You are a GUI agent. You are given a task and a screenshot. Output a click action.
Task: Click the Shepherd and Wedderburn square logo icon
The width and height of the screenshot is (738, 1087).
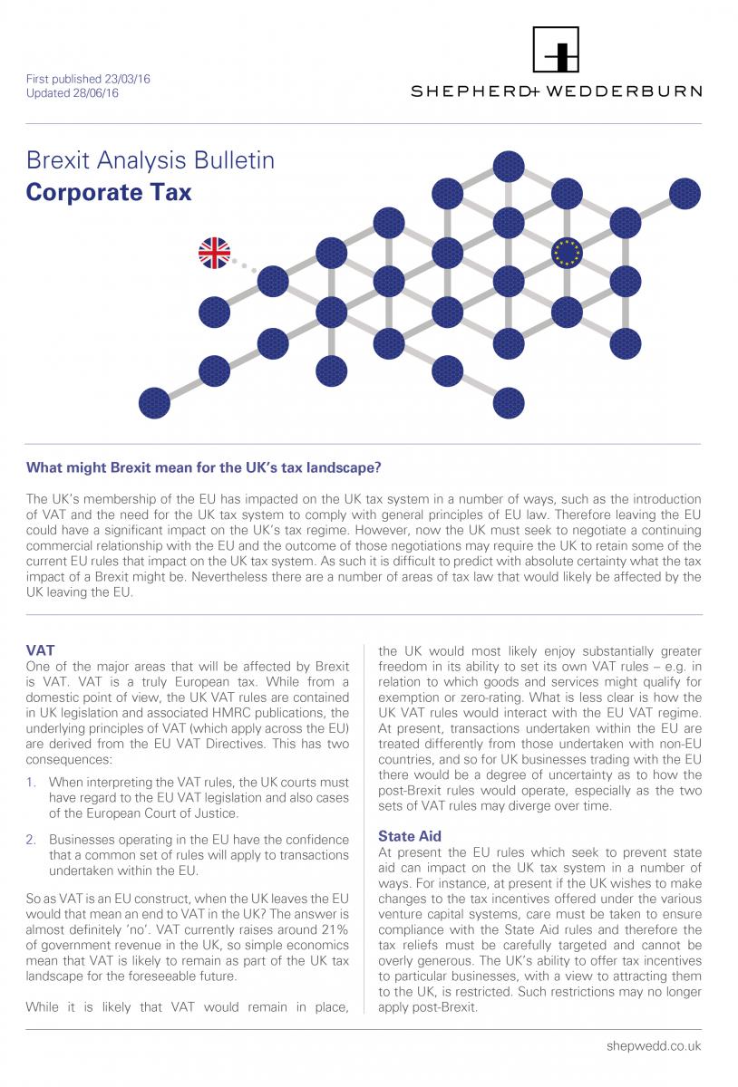coord(556,50)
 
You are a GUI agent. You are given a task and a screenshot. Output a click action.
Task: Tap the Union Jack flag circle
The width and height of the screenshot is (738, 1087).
coord(215,254)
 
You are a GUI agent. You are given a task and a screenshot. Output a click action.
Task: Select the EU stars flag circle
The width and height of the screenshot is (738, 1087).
coord(568,254)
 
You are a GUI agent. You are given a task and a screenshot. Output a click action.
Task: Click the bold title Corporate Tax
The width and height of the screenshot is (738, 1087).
coord(109,192)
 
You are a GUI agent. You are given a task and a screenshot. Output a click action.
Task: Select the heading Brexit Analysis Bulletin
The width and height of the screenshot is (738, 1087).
coord(151,162)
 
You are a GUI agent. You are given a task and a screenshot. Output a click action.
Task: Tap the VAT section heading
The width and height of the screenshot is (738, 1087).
coord(40,649)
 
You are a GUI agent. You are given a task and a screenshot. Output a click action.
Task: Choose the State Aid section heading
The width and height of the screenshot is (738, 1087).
coord(409,836)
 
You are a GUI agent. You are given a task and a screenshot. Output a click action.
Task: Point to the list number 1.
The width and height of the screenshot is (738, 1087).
coord(32,780)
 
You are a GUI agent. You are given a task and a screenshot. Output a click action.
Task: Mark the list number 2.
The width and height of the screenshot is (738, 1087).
coord(32,840)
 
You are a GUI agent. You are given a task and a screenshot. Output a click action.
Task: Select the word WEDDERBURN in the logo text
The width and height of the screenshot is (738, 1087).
coord(637,91)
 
